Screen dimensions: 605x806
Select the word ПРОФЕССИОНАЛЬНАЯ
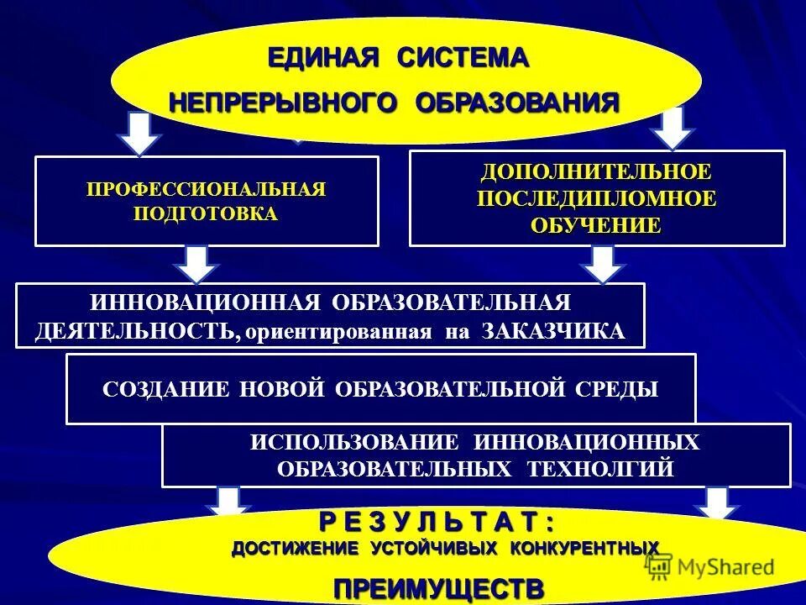[x=206, y=189]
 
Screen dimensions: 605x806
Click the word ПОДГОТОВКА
[x=206, y=213]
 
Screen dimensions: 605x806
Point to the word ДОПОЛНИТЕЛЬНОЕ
[x=596, y=172]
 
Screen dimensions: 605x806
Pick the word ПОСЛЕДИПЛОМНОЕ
[x=596, y=199]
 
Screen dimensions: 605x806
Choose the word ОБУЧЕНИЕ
[x=596, y=226]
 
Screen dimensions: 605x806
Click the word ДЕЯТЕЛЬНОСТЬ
[x=134, y=330]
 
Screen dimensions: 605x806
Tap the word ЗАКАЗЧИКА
[x=554, y=330]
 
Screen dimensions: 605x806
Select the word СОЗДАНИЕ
[x=167, y=389]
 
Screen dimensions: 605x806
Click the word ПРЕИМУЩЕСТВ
[x=438, y=588]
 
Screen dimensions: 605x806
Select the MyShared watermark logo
[x=710, y=567]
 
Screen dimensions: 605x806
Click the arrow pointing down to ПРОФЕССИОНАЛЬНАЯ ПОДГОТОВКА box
[x=142, y=132]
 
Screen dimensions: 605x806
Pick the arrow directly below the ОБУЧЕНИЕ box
[x=601, y=264]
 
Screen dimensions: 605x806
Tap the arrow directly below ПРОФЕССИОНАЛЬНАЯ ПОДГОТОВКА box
[x=196, y=264]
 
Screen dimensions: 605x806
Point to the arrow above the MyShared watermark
[x=716, y=505]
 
